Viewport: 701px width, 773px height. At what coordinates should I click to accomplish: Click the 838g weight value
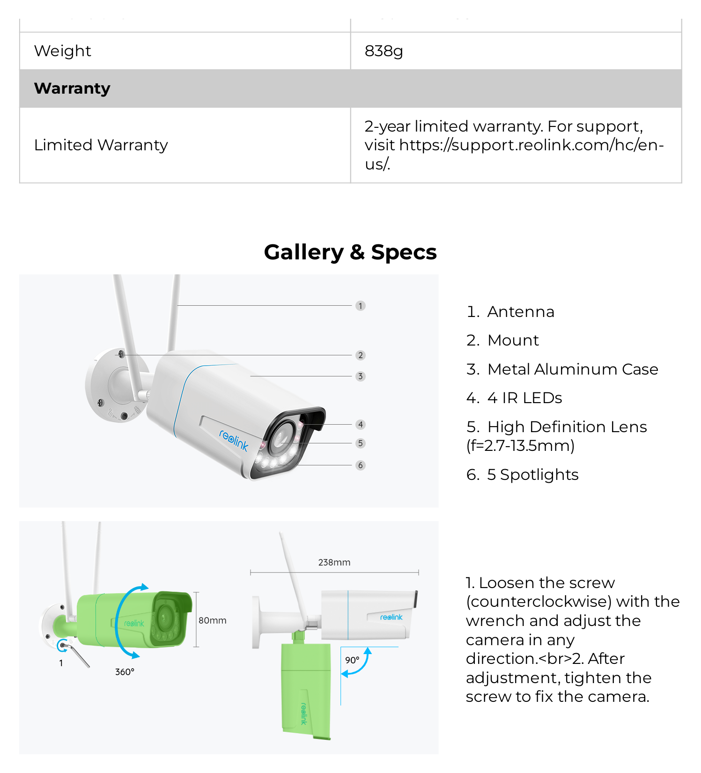[x=384, y=51]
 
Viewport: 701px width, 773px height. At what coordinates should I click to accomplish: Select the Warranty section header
[x=72, y=88]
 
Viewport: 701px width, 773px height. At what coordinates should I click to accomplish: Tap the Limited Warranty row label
[x=101, y=145]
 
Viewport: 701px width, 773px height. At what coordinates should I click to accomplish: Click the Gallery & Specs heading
[x=350, y=252]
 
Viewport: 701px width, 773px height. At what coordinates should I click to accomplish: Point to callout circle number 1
[x=360, y=306]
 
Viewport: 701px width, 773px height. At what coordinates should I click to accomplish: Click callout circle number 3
[x=360, y=376]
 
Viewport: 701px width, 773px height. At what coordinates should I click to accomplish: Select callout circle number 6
[x=360, y=465]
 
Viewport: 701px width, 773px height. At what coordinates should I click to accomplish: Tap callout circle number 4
[x=360, y=425]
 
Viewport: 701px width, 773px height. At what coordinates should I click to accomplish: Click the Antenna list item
[x=510, y=312]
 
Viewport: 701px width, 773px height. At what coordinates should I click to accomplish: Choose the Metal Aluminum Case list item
[x=562, y=369]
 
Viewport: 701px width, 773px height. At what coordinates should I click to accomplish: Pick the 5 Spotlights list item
[x=523, y=475]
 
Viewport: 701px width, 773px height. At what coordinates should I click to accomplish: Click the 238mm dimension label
[x=334, y=562]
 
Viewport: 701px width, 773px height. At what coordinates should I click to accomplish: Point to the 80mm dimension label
[x=213, y=620]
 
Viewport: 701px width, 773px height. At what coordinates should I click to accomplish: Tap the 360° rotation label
[x=125, y=672]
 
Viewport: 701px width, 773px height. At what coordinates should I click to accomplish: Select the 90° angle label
[x=352, y=660]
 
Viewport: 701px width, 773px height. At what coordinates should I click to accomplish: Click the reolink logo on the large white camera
[x=234, y=441]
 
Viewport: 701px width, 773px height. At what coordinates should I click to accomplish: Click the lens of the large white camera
[x=281, y=439]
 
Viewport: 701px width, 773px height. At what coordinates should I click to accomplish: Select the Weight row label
[x=63, y=51]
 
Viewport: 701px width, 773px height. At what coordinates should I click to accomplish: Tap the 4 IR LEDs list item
[x=514, y=398]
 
